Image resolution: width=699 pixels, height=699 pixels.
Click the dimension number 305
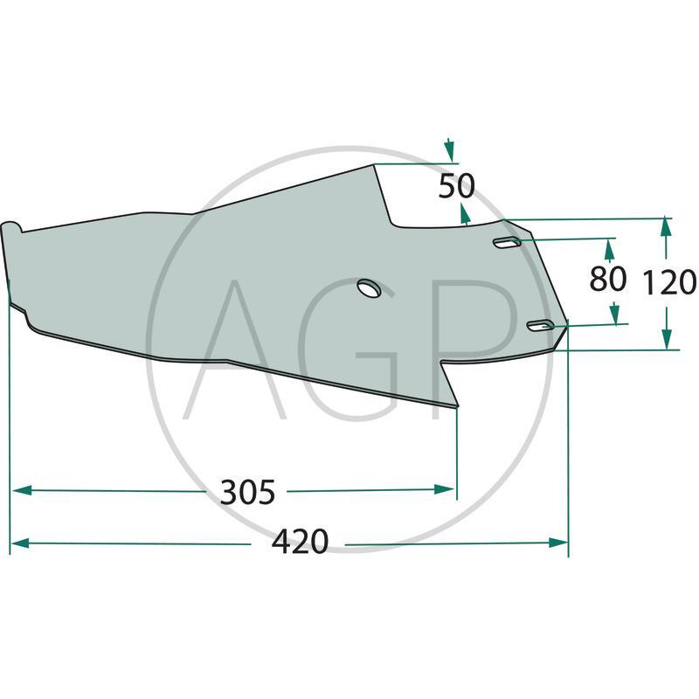coord(247,493)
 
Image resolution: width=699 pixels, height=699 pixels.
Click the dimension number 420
coord(300,543)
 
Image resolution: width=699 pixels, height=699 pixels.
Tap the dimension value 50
coord(456,185)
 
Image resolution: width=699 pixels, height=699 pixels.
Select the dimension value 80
coord(608,280)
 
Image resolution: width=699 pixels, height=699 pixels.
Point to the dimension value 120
coord(669,283)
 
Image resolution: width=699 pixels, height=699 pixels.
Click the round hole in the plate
coord(368,288)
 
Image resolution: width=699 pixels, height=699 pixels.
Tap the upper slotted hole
coord(507,243)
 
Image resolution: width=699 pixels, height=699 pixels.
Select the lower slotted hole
coord(542,327)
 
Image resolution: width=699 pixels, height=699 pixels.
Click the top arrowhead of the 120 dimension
coord(667,226)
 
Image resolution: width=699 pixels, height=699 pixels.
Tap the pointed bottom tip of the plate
coord(456,406)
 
